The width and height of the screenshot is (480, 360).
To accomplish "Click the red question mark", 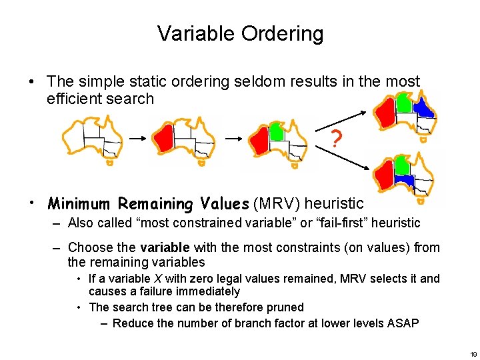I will [337, 139].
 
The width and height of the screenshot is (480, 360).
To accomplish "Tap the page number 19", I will [473, 353].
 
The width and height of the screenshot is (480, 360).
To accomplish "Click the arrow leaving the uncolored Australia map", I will [137, 139].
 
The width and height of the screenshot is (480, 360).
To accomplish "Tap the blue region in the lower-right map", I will [403, 179].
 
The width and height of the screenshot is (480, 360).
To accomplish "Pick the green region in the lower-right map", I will [401, 164].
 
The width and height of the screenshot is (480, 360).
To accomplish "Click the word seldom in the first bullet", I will [260, 81].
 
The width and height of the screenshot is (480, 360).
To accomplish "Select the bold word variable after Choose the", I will [165, 247].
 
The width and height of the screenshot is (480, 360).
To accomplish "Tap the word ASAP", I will [403, 323].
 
